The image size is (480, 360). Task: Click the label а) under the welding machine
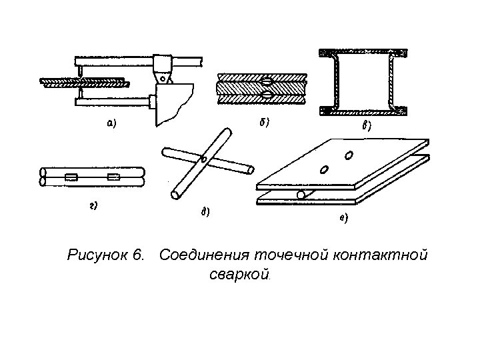tap(111, 122)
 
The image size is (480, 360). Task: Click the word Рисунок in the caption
tap(98, 255)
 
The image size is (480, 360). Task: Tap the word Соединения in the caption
tap(204, 255)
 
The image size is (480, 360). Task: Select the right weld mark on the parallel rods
tap(114, 177)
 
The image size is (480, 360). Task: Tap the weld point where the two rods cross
tap(204, 159)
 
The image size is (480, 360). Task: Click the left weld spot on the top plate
tap(324, 169)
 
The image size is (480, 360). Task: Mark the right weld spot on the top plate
tap(349, 157)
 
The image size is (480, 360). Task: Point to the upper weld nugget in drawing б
tap(267, 83)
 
